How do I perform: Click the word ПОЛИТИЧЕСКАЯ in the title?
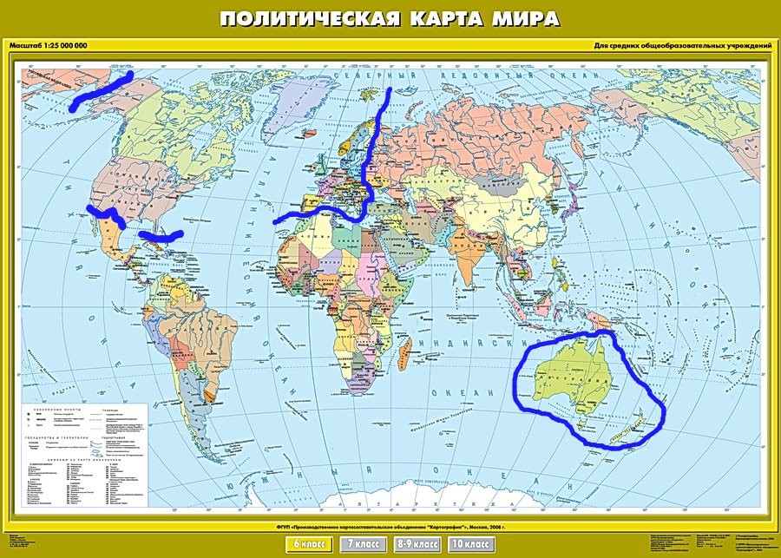tap(300, 18)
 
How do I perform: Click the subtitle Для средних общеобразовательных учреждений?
tap(684, 45)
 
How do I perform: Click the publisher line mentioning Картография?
tap(390, 527)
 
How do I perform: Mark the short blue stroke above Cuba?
tap(162, 234)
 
